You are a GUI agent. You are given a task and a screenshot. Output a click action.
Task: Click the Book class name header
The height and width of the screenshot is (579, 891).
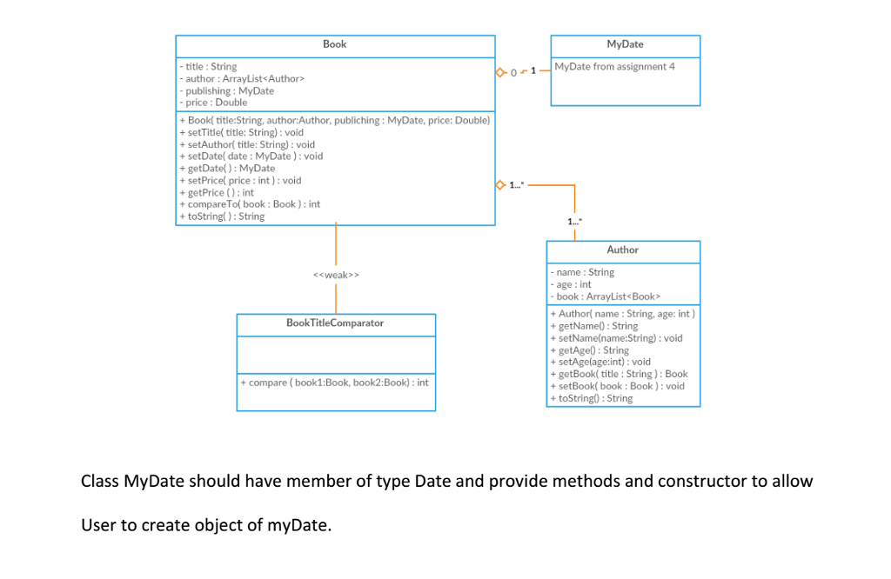click(334, 44)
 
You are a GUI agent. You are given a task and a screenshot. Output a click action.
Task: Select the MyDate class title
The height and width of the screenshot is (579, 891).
click(625, 44)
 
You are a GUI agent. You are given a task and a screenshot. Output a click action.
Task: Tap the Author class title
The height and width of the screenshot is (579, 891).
click(622, 250)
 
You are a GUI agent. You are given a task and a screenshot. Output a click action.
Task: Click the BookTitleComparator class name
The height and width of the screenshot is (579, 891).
click(335, 323)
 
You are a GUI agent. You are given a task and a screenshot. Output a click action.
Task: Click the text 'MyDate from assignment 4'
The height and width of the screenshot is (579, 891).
click(614, 67)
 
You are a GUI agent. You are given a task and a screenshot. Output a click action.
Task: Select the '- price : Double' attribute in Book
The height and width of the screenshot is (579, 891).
click(213, 103)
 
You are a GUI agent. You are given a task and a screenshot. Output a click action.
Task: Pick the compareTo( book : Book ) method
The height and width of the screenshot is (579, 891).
click(250, 204)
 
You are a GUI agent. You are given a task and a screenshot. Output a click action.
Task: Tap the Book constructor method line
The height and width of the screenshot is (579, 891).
click(334, 120)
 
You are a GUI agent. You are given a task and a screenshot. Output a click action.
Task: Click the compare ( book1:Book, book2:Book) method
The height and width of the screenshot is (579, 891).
click(333, 383)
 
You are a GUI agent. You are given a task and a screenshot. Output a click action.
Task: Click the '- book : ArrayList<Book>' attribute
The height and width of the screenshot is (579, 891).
click(597, 296)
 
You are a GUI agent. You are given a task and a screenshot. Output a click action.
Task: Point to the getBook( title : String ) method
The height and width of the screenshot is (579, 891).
click(619, 374)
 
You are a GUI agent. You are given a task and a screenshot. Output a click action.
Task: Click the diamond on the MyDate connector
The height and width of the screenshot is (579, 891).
click(500, 71)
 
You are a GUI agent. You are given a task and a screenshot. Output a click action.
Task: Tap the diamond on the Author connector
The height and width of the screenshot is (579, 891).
click(500, 185)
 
